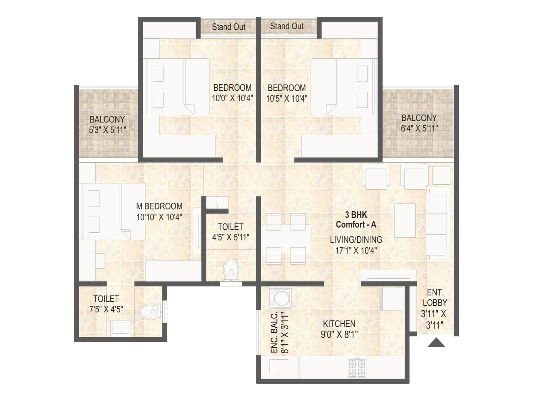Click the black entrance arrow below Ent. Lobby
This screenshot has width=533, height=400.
coord(436,343)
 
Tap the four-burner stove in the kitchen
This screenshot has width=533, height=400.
coord(357,367)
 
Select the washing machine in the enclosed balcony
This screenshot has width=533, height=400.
coord(280,298)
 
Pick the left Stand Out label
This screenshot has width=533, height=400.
coord(229,27)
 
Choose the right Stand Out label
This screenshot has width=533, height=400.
coord(287,26)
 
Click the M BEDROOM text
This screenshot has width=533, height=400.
coord(159,206)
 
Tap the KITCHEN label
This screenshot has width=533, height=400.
coord(339,324)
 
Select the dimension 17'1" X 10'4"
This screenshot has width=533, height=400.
coord(356,250)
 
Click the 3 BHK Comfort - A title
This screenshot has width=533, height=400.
coord(356,220)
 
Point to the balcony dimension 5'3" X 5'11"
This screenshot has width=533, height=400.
coord(107,130)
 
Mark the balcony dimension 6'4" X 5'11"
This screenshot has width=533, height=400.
coord(419,128)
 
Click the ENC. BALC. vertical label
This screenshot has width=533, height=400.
coord(274,333)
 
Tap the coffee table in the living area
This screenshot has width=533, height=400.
coord(405,220)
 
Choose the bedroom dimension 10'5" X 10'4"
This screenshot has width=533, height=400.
coord(286,99)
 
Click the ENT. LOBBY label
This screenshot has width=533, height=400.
coord(435,298)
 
